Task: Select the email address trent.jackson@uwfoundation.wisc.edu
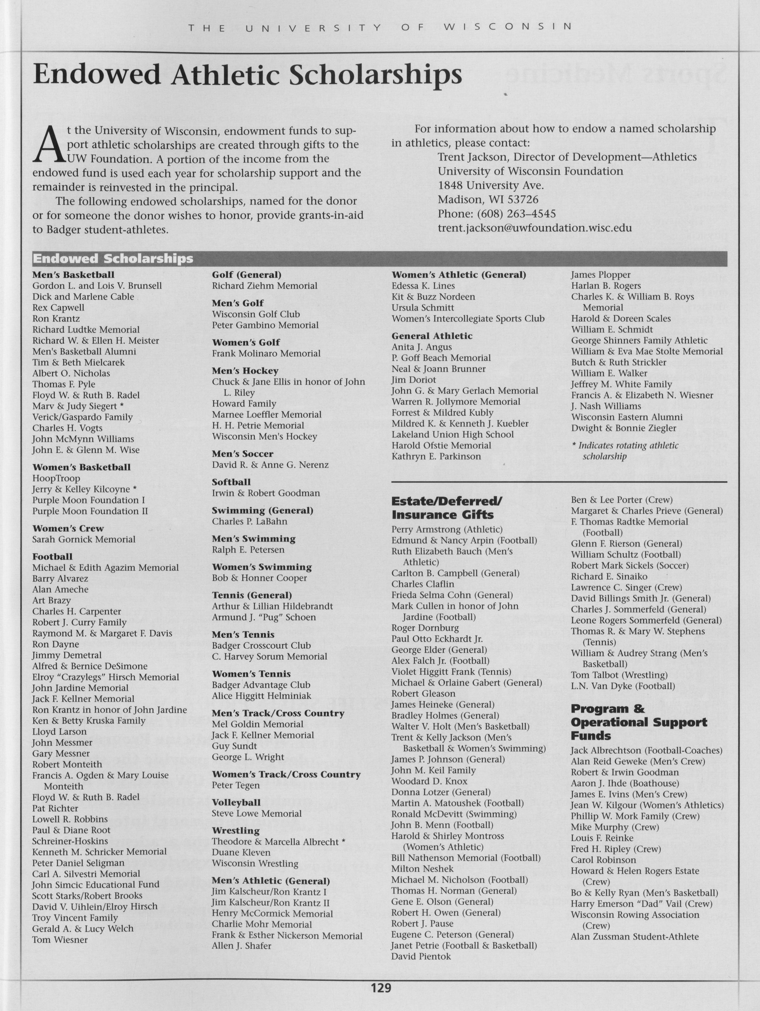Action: [x=535, y=228]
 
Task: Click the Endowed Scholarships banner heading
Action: [x=113, y=259]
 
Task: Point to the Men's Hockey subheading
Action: [x=245, y=371]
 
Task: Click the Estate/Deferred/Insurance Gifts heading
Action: [x=446, y=508]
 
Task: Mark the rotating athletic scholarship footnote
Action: [x=625, y=451]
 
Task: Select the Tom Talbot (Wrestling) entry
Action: [x=619, y=675]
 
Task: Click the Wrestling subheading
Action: [x=235, y=830]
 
